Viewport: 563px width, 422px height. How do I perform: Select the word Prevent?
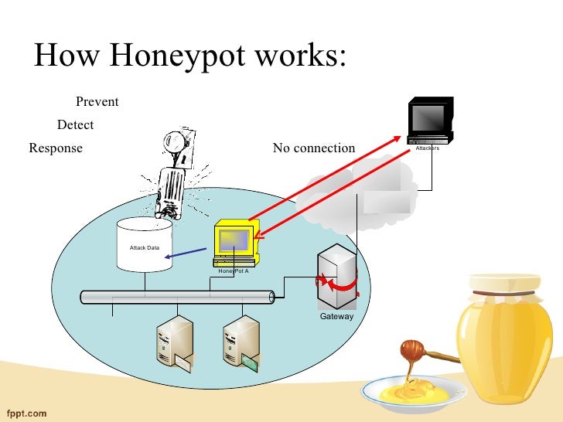(97, 102)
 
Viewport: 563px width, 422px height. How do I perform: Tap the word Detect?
(76, 124)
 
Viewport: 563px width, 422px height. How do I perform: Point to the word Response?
(55, 148)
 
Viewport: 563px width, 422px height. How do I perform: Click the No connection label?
(314, 148)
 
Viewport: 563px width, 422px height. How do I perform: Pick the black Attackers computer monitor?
(430, 119)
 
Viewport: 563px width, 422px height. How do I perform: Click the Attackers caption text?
(427, 148)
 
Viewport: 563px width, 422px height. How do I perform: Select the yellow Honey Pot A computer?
(235, 241)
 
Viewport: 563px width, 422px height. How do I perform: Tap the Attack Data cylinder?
(144, 245)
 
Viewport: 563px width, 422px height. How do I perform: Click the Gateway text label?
(336, 316)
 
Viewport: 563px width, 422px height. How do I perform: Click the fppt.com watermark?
(27, 413)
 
